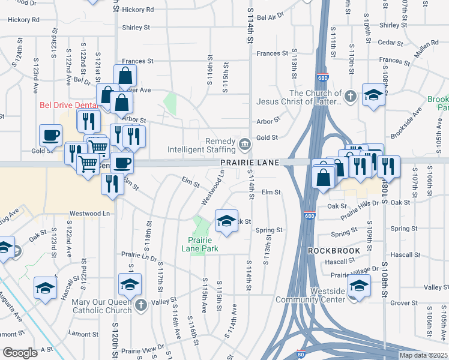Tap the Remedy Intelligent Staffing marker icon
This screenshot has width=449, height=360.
245,144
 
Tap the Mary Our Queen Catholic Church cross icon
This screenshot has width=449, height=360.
140,305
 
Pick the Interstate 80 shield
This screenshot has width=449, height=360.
301,355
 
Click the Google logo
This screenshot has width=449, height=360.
20,353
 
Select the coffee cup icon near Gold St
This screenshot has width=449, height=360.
50,134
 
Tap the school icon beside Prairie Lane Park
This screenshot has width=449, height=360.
226,220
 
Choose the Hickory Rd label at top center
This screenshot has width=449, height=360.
137,10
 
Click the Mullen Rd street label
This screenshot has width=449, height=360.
427,46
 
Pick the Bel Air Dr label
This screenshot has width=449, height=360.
270,17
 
